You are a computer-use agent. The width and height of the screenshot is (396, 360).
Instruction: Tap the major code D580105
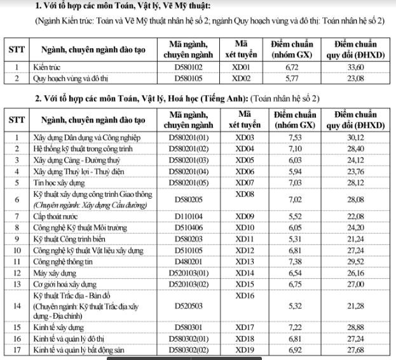(188, 79)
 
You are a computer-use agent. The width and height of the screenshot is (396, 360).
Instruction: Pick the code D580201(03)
(188, 160)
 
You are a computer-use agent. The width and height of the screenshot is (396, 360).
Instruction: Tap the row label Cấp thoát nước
(57, 217)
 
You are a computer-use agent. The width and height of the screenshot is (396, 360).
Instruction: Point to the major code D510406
(188, 228)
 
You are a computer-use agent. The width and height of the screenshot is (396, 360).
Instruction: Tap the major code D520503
(188, 308)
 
